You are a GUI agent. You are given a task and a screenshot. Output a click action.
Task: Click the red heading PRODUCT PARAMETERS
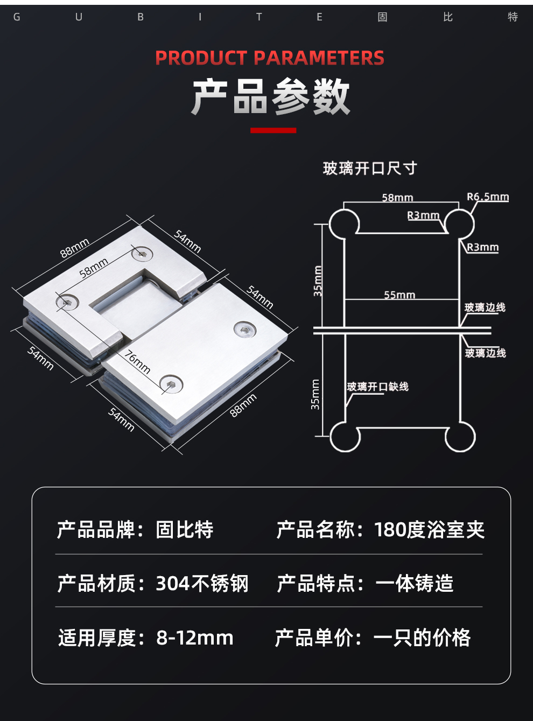(x=270, y=58)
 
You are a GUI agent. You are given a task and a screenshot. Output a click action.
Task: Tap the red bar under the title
(x=273, y=130)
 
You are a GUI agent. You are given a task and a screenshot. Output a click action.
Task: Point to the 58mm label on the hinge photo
(x=94, y=268)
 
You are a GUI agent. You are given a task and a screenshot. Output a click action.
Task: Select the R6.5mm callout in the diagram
(x=488, y=197)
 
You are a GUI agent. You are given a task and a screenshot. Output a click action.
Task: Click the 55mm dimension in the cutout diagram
(x=399, y=295)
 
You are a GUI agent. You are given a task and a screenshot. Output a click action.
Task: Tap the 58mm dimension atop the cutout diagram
(x=397, y=197)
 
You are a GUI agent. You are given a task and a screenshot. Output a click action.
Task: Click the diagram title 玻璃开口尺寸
(x=370, y=169)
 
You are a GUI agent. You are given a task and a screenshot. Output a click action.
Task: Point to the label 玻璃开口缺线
(x=377, y=387)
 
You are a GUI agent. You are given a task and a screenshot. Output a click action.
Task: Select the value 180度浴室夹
(x=429, y=530)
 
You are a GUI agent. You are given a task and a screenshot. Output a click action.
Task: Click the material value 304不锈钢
(x=202, y=583)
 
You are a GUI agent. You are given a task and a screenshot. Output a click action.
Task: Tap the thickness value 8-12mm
(x=195, y=638)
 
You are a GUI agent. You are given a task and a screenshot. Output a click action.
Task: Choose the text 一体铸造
(x=415, y=583)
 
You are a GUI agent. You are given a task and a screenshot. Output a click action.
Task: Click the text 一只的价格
(x=422, y=638)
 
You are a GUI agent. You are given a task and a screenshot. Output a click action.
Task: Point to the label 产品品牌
(x=96, y=530)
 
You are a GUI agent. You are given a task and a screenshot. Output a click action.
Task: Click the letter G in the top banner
(x=17, y=17)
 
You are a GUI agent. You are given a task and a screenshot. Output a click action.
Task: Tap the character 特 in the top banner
(x=513, y=17)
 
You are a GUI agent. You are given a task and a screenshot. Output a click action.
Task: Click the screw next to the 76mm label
(x=171, y=384)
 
